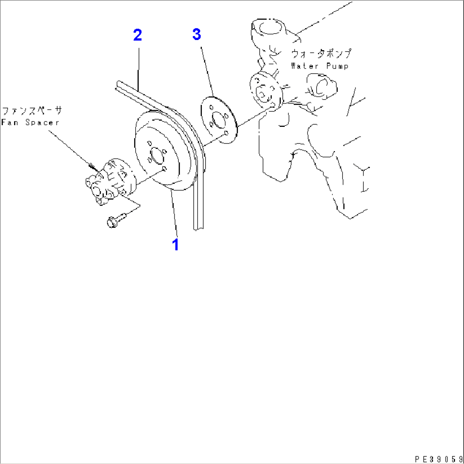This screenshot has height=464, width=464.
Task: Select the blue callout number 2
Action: [x=137, y=35]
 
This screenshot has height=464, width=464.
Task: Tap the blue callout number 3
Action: [x=196, y=35]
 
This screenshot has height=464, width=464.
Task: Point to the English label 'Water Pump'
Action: [x=319, y=66]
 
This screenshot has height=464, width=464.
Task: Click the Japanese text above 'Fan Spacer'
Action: [x=32, y=112]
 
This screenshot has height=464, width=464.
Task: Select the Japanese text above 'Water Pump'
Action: [x=321, y=54]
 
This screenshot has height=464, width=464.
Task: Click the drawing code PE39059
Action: [x=439, y=458]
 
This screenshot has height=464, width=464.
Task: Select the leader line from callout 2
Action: [x=138, y=68]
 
